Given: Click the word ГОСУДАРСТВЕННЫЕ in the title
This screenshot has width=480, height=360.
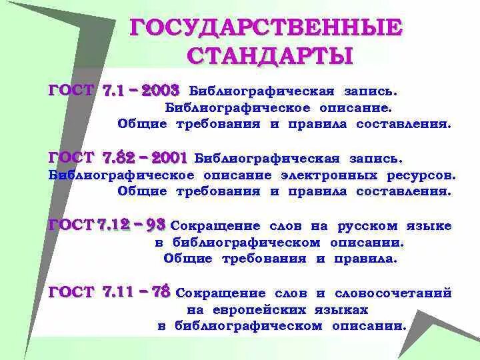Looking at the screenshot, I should [265, 27].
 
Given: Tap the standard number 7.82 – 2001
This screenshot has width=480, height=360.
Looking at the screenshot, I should [145, 158].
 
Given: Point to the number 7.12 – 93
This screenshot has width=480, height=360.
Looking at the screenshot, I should [131, 225].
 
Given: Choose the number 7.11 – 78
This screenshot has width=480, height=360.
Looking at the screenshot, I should [137, 292].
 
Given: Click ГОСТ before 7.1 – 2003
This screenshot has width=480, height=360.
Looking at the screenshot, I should [71, 90].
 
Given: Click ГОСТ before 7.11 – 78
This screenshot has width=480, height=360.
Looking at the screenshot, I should [71, 293].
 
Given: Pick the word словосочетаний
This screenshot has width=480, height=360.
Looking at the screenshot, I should [393, 293].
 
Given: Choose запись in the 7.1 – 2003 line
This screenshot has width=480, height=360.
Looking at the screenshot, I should [371, 89].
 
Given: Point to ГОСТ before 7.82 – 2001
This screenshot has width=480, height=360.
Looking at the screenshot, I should [71, 158].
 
